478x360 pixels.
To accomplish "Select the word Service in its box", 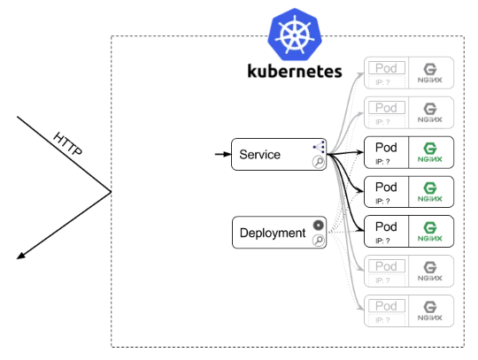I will [259, 155].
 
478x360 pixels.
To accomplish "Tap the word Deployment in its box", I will [273, 234].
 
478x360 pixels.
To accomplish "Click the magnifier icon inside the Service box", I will [318, 162].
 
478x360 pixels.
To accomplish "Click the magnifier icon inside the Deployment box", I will [318, 240].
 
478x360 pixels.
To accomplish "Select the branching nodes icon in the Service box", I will [318, 147].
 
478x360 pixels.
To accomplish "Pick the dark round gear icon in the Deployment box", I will [318, 225].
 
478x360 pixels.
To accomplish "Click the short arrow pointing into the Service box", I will [221, 155].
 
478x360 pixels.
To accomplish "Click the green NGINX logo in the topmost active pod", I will [430, 152].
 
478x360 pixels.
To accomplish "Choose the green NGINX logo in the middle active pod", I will [430, 192].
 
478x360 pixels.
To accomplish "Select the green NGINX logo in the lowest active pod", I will [430, 231].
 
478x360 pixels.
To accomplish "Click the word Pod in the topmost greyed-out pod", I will [386, 67].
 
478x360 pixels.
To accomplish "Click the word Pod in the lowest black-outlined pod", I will [386, 226].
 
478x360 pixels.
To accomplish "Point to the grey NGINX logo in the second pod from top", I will [430, 111].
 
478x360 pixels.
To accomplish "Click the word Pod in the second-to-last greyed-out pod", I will [386, 265].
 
